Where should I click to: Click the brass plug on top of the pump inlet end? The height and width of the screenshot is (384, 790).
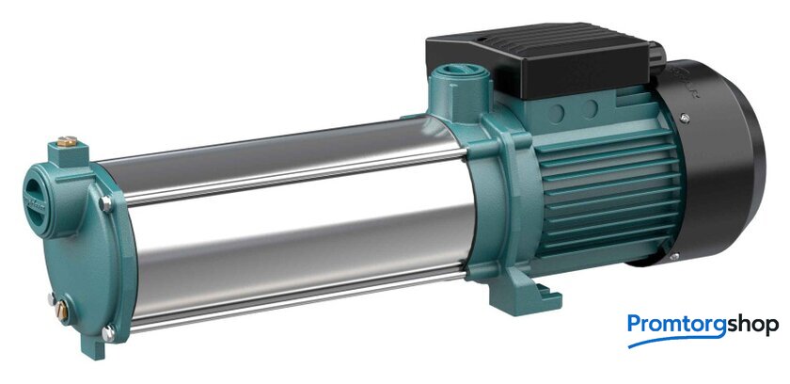pos(67,141)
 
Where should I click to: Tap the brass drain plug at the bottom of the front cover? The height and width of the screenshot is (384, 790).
pos(62,311)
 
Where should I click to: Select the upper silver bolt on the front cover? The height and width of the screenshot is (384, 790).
pos(105,203)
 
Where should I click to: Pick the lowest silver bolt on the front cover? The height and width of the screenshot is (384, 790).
pos(108,332)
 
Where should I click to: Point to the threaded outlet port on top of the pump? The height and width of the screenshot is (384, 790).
pos(460,72)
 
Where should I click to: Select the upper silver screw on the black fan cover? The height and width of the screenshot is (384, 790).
pos(685,119)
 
